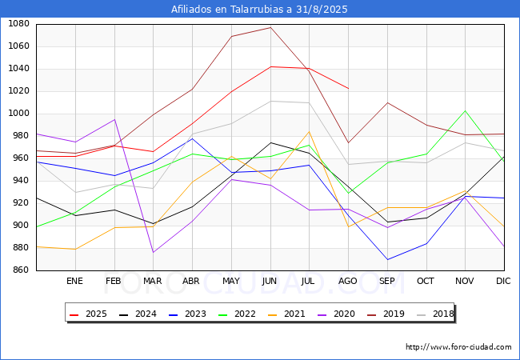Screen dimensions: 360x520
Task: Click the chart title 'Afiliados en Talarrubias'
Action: point(260,10)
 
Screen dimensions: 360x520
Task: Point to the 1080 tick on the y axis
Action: point(18,24)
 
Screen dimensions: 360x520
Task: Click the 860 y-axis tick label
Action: point(20,270)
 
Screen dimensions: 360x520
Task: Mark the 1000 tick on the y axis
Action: point(18,114)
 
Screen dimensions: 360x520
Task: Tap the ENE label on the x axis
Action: point(74,282)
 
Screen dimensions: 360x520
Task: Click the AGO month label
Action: point(348,282)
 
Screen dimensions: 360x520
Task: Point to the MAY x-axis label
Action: point(231,282)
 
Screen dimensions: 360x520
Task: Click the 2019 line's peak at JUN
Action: point(270,27)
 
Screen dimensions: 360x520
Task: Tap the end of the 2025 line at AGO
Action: point(348,88)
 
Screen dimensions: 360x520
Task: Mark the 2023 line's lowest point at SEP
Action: point(387,259)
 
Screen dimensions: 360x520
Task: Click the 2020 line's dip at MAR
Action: point(153,253)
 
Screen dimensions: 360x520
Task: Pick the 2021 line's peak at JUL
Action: point(309,131)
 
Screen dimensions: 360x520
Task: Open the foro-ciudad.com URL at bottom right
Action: point(458,347)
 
